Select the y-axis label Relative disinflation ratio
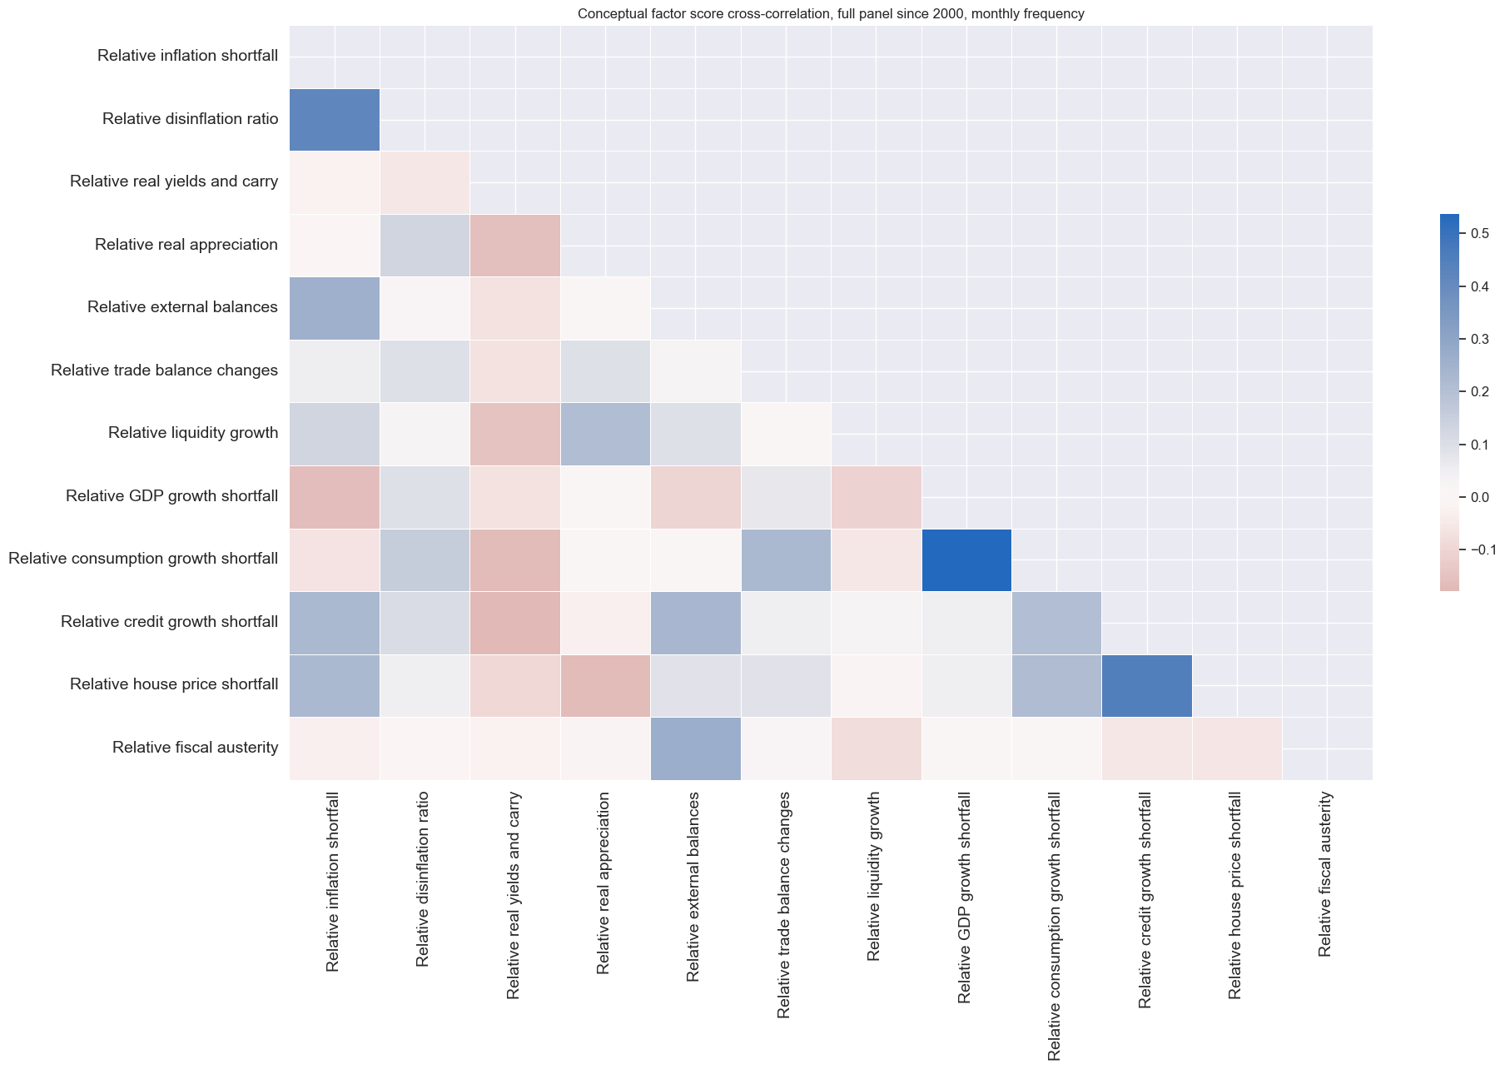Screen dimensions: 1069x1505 click(x=190, y=119)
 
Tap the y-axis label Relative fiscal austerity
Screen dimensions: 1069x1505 click(x=195, y=748)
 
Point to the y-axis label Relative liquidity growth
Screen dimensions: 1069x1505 click(x=193, y=433)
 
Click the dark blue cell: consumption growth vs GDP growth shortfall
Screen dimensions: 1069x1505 click(x=966, y=559)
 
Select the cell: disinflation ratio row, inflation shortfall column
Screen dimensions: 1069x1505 click(x=335, y=119)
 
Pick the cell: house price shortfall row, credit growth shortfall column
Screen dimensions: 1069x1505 click(x=1146, y=685)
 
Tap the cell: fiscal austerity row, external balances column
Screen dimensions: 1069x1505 click(x=695, y=748)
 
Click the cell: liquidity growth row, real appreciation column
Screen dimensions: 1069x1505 click(x=605, y=434)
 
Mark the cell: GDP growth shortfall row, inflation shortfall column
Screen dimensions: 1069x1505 click(x=335, y=496)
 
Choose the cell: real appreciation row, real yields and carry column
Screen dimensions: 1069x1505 click(x=514, y=245)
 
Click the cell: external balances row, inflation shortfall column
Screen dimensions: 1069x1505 click(x=335, y=308)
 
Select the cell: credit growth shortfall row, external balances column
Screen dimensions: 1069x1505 click(x=695, y=622)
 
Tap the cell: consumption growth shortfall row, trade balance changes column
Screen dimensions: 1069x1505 click(x=785, y=559)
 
